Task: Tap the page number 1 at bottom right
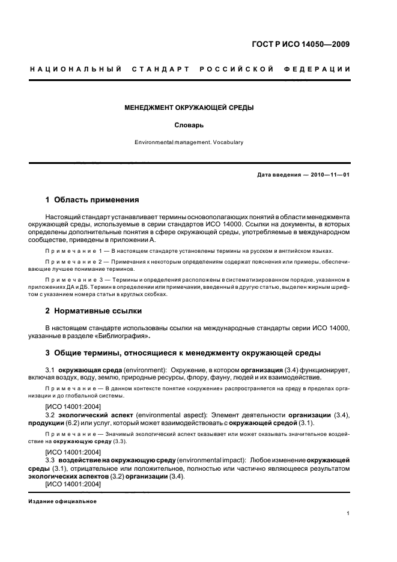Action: [x=348, y=513]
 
